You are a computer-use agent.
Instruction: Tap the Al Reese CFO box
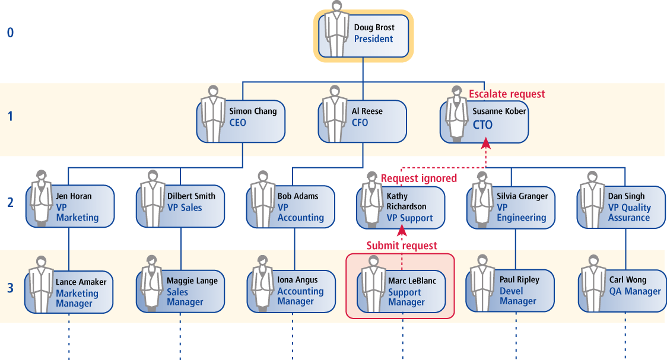pyautogui.click(x=363, y=121)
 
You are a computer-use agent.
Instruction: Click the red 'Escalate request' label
pyautogui.click(x=507, y=94)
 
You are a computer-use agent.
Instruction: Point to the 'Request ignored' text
pyautogui.click(x=419, y=178)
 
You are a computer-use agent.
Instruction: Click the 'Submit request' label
pyautogui.click(x=402, y=246)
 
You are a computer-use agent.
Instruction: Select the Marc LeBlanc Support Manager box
pyautogui.click(x=401, y=291)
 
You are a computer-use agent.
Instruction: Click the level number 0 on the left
pyautogui.click(x=10, y=33)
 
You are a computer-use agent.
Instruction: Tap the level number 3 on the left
pyautogui.click(x=10, y=289)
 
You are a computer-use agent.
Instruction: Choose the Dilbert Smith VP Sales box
pyautogui.click(x=180, y=205)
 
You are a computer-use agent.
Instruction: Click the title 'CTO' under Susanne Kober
pyautogui.click(x=482, y=125)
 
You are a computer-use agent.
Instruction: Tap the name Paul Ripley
pyautogui.click(x=519, y=279)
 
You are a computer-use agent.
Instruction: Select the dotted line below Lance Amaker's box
pyautogui.click(x=69, y=341)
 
